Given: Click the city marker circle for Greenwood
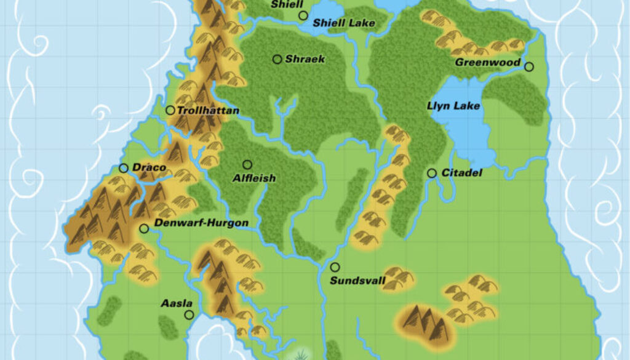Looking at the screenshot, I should (529, 66).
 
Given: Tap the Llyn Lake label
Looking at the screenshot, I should (453, 106).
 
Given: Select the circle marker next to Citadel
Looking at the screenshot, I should (432, 174).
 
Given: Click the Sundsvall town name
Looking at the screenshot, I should (357, 281).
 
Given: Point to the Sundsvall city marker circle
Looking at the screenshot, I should (335, 268).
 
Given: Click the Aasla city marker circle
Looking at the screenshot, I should (189, 315).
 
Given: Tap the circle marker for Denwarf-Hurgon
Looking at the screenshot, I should (144, 228).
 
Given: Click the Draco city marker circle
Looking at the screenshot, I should (123, 168).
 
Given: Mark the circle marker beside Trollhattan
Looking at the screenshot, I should (170, 110).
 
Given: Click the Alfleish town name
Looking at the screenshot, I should (254, 178).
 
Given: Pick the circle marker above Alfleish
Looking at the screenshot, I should (247, 164).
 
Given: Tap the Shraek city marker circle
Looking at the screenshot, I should (277, 59).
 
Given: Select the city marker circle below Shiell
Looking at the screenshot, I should (303, 15).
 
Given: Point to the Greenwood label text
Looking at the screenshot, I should (488, 63).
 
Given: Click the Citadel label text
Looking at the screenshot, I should (461, 174).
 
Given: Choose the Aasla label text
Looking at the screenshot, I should (177, 303).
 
